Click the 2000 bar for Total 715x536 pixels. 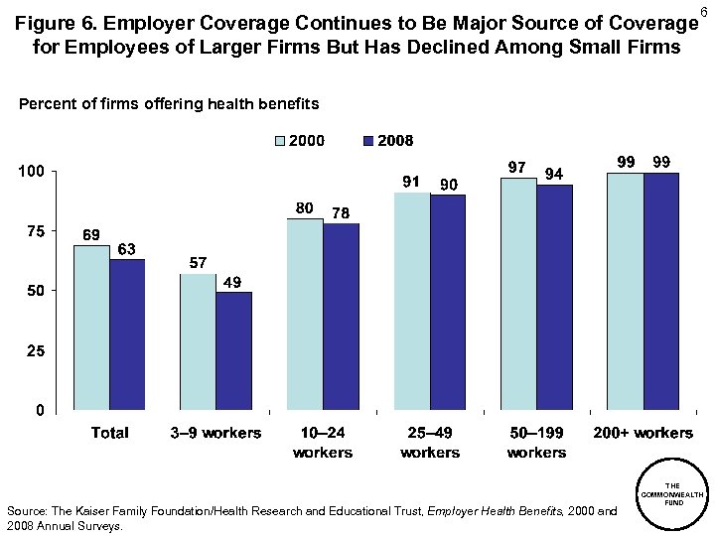pos(91,328)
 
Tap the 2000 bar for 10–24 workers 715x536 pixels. pos(305,314)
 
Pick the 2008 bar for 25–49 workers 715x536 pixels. pos(448,302)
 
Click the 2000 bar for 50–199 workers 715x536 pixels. pos(518,294)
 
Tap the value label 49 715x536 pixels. pos(231,282)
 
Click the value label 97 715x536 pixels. pos(516,168)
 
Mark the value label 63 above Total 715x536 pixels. pos(126,248)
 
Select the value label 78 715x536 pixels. pos(340,212)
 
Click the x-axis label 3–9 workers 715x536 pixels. pos(216,433)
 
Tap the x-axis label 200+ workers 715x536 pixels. pos(643,433)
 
